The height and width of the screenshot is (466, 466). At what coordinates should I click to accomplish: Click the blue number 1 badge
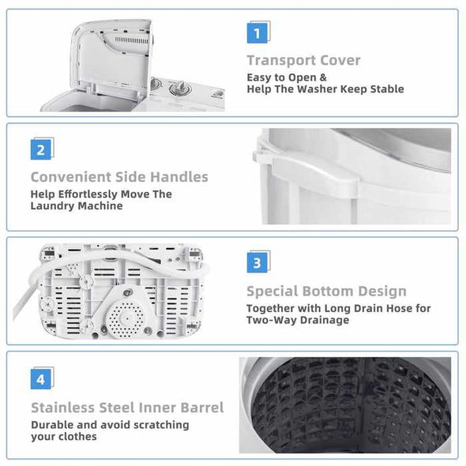click(257, 33)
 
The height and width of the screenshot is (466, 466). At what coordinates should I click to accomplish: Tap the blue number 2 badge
click(41, 150)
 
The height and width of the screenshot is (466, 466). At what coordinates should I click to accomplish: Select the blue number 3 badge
click(257, 263)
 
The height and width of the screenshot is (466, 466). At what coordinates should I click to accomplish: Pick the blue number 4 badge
click(41, 379)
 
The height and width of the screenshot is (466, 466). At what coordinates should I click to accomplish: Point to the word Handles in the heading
click(179, 177)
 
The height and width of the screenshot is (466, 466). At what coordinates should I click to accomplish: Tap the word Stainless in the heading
click(63, 408)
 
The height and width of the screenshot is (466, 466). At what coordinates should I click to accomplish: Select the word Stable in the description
click(387, 89)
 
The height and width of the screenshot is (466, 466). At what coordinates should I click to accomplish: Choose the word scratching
click(161, 425)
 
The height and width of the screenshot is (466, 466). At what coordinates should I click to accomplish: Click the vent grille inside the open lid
click(131, 40)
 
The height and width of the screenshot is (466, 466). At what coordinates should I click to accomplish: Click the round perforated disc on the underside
click(126, 319)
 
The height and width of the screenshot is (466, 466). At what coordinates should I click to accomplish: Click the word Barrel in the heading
click(202, 408)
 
